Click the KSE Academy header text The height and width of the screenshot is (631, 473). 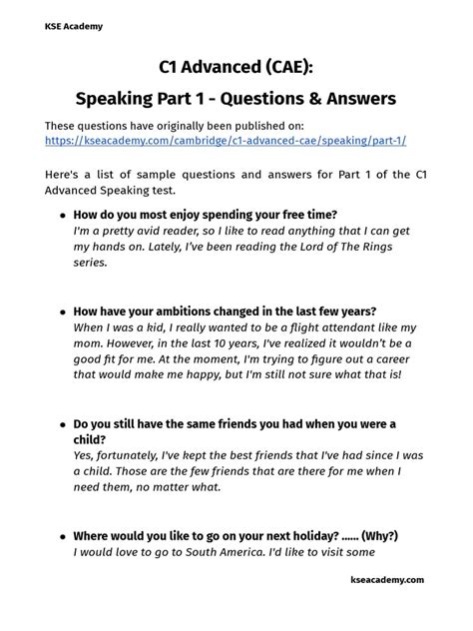(x=73, y=27)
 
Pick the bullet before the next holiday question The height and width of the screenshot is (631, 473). (x=63, y=536)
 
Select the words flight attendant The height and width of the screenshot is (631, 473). (x=302, y=327)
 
